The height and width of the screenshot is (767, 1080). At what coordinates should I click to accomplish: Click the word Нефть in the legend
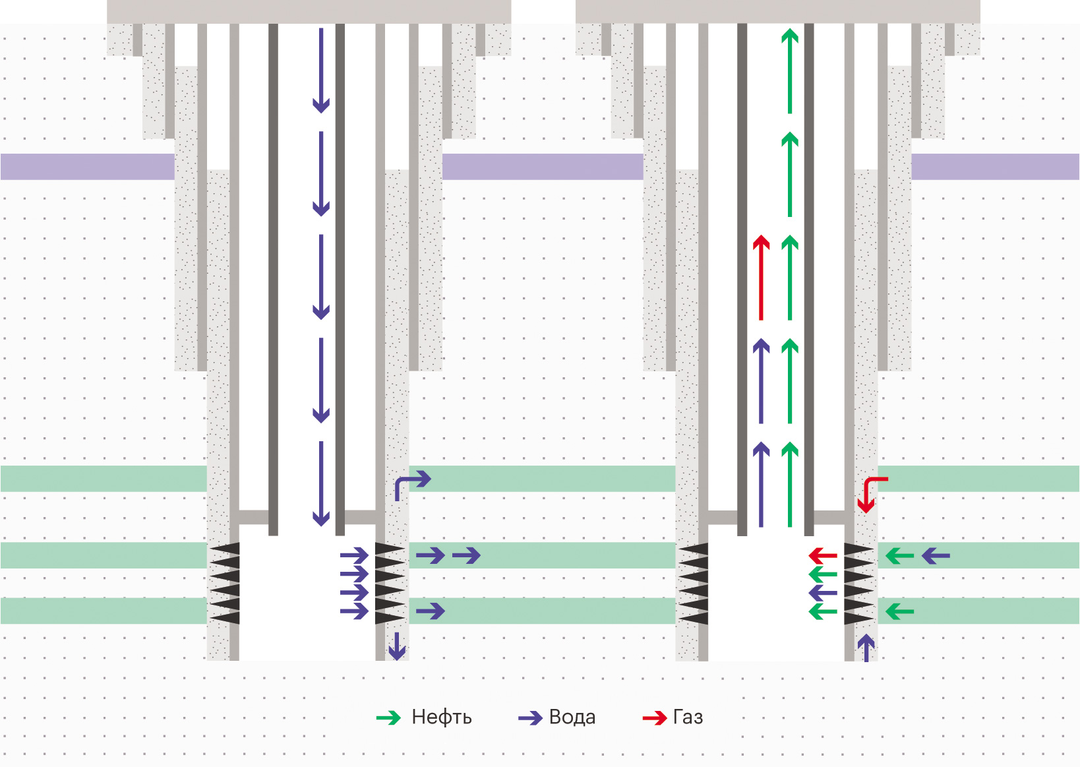pyautogui.click(x=441, y=718)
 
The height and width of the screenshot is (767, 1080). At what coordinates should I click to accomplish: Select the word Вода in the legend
pyautogui.click(x=572, y=718)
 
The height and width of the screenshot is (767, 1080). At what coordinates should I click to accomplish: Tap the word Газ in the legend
pyautogui.click(x=688, y=718)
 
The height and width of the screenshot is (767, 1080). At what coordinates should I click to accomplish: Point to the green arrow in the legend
pyautogui.click(x=388, y=718)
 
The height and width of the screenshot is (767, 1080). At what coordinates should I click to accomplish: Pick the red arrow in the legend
pyautogui.click(x=655, y=718)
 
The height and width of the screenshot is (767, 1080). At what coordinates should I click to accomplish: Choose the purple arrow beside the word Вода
pyautogui.click(x=530, y=718)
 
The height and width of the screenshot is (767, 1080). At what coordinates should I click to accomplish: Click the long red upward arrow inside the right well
pyautogui.click(x=762, y=278)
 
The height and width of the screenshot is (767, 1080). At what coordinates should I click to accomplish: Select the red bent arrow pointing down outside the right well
pyautogui.click(x=869, y=493)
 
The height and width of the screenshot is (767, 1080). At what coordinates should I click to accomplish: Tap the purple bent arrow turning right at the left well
pyautogui.click(x=411, y=484)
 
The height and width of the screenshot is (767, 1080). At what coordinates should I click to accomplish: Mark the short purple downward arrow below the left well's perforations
pyautogui.click(x=396, y=646)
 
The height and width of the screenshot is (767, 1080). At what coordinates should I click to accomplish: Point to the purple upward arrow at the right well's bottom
pyautogui.click(x=866, y=648)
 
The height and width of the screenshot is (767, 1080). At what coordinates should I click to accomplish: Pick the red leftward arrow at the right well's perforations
pyautogui.click(x=823, y=555)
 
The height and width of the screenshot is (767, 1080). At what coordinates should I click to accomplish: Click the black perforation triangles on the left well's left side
pyautogui.click(x=225, y=584)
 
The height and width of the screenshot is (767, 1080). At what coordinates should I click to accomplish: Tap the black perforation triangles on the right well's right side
pyautogui.click(x=858, y=584)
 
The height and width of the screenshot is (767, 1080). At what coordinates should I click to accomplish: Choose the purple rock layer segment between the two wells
pyautogui.click(x=542, y=167)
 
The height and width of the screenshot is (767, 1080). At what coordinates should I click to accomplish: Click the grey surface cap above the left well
pyautogui.click(x=309, y=11)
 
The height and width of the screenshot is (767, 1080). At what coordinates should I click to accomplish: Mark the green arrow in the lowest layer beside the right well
pyautogui.click(x=899, y=612)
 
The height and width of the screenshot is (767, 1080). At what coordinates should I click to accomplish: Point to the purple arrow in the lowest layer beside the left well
pyautogui.click(x=431, y=612)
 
